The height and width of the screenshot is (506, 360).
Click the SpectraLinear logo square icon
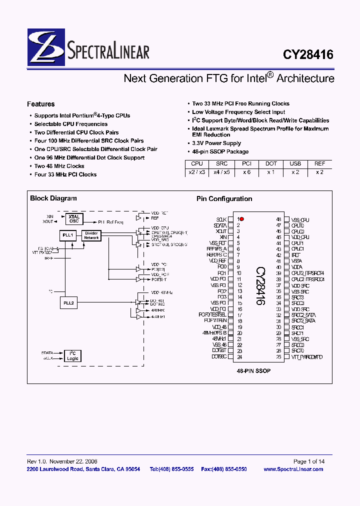46,47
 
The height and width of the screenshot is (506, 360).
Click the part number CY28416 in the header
308,54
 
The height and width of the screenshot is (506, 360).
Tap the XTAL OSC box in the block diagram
74,219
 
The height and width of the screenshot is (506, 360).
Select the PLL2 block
68,302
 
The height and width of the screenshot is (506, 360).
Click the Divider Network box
91,235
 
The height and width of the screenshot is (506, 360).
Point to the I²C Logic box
72,355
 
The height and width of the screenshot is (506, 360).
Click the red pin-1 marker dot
242,219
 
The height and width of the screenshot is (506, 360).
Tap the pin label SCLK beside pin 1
221,219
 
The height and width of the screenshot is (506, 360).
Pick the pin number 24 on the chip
239,357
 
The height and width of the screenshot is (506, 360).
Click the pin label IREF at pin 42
295,255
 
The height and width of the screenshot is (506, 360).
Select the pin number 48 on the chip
278,219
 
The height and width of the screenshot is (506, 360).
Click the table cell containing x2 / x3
197,172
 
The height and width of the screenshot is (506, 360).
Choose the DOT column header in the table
271,163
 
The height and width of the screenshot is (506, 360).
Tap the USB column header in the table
295,163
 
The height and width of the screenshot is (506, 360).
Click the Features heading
41,104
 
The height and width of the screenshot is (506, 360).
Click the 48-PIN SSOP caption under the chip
253,371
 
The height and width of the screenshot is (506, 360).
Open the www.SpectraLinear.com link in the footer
293,469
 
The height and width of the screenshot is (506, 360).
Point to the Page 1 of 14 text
308,461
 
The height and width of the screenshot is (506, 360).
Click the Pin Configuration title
224,198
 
